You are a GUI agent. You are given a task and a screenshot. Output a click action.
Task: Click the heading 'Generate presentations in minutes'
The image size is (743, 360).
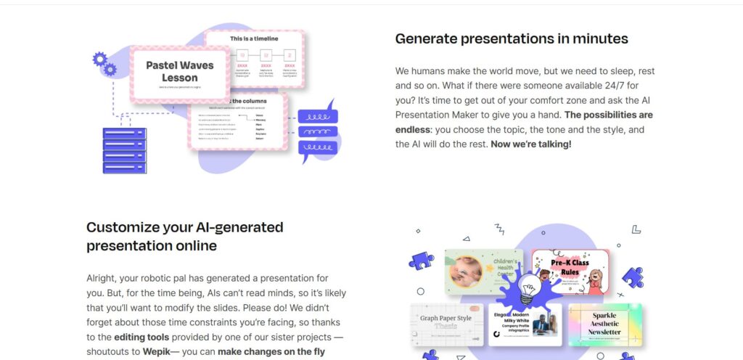[512, 38]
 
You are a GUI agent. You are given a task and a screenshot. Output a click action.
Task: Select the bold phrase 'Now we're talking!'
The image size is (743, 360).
[530, 144]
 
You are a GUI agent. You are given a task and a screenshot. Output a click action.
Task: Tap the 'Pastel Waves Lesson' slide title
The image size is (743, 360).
[179, 71]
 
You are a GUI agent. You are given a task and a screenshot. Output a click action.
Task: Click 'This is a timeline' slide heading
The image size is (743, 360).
[253, 38]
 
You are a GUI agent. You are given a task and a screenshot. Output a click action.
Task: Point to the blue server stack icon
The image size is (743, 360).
[125, 150]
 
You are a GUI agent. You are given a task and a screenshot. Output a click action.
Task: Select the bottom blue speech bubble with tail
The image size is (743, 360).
[316, 148]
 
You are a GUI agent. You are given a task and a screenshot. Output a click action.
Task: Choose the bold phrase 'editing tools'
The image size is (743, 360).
[141, 337]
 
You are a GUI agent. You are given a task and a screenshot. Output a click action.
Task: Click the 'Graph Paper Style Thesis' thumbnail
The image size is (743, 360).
[446, 324]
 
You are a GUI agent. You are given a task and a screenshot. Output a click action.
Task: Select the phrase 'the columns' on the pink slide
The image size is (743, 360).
[249, 101]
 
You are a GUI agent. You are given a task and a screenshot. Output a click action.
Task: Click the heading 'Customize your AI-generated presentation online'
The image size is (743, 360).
[184, 236]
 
